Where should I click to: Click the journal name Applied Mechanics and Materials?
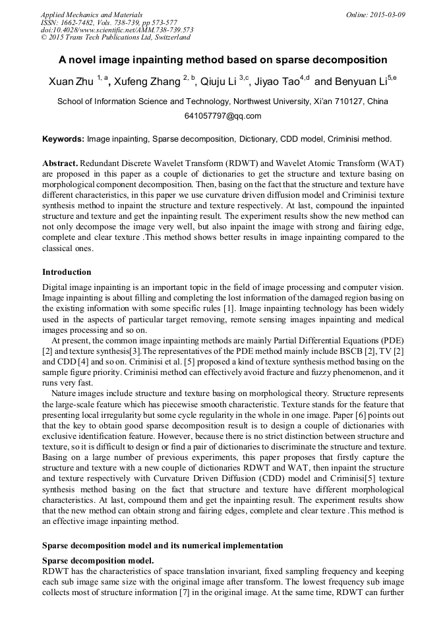point(92,14)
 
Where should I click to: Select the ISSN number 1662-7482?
point(81,22)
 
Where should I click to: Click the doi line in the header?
point(117,30)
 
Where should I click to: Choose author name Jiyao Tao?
point(275,82)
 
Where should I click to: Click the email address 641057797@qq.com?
point(223,116)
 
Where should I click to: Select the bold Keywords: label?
point(63,139)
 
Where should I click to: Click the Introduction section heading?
point(67,272)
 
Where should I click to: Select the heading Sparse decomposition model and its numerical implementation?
point(162,546)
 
